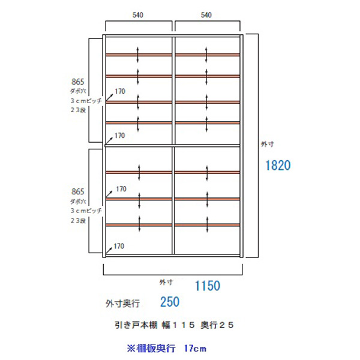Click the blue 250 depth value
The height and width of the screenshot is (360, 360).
click(170, 302)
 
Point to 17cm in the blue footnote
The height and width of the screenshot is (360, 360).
click(196, 347)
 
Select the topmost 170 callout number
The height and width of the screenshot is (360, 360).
click(120, 92)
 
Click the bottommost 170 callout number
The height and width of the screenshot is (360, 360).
click(120, 246)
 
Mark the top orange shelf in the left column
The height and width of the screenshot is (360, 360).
click(139, 55)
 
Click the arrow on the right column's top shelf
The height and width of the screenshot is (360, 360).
click(207, 54)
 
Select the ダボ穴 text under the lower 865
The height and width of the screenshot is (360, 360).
click(78, 202)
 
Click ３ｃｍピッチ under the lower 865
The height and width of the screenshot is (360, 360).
click(85, 211)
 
